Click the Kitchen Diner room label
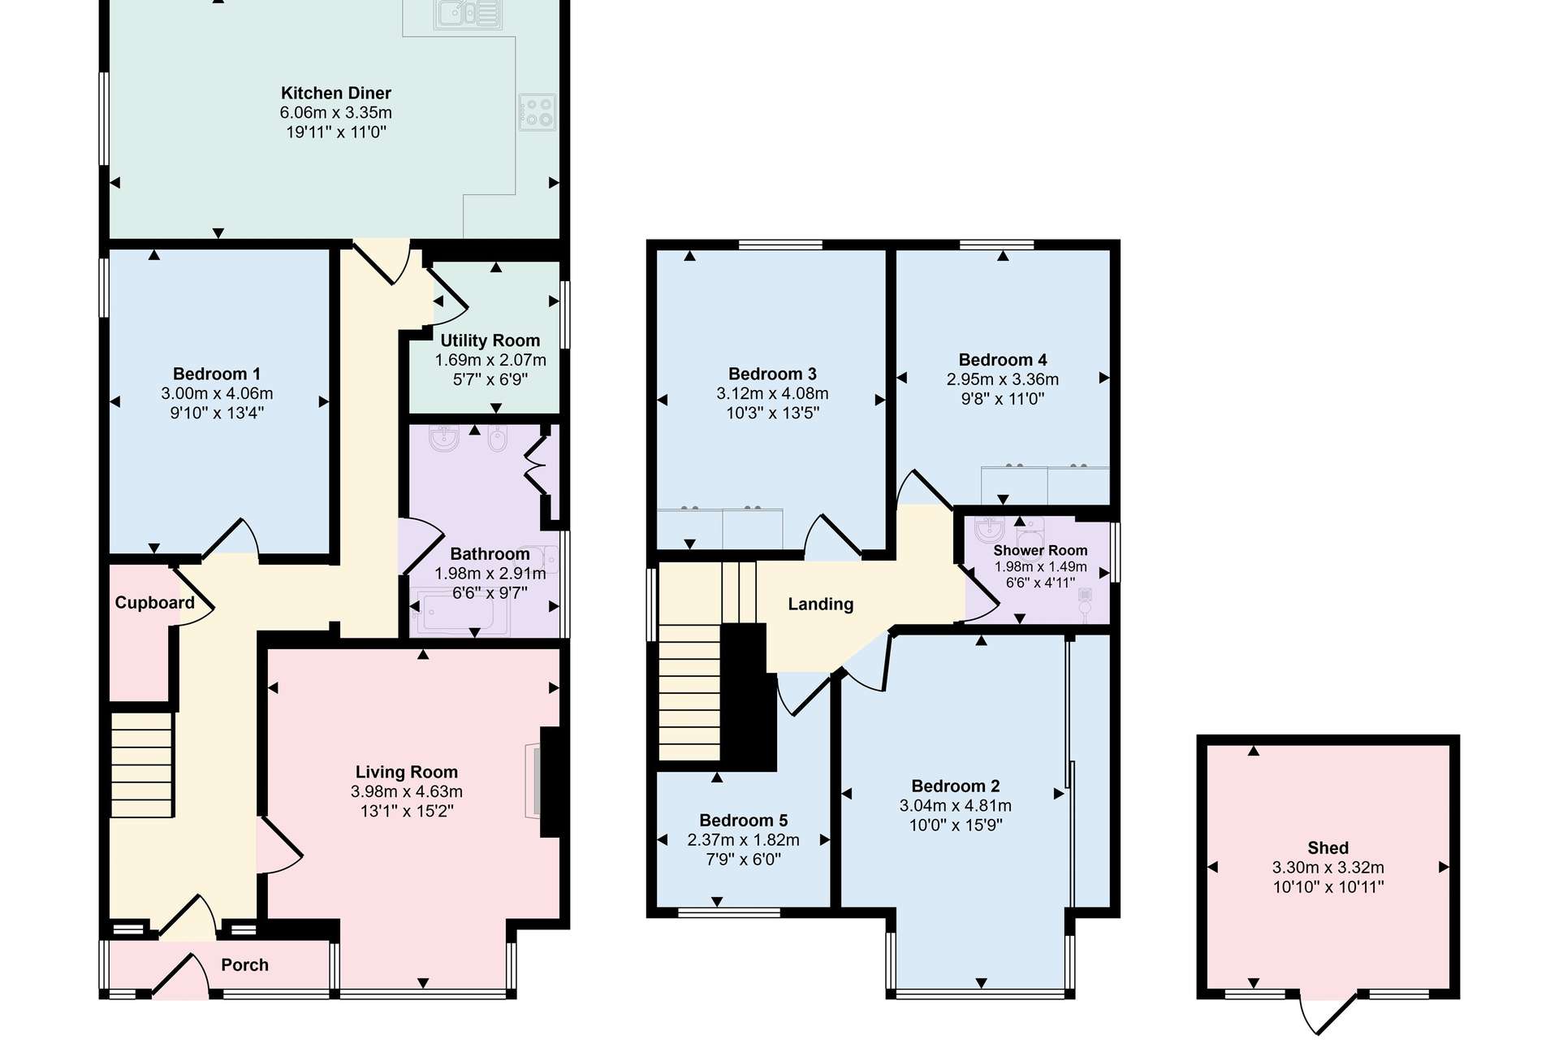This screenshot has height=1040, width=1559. click(336, 93)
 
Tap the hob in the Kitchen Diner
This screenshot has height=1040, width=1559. click(538, 112)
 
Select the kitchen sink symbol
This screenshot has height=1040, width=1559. click(468, 14)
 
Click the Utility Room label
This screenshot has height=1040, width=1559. click(490, 340)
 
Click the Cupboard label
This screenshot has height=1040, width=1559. click(154, 603)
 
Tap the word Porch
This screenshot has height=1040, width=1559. click(244, 964)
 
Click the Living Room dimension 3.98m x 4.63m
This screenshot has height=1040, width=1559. click(407, 791)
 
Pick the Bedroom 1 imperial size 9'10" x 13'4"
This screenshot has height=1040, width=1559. click(217, 413)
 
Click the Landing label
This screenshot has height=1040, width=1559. click(821, 604)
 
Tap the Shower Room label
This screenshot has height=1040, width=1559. click(1040, 550)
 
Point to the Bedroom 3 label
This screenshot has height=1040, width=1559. click(772, 374)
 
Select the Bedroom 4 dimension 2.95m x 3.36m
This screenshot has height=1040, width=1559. click(1003, 379)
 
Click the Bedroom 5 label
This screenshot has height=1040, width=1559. click(744, 821)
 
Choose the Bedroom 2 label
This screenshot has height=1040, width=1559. click(956, 786)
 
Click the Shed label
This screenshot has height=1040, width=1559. click(1328, 848)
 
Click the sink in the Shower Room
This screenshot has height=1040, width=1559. click(990, 530)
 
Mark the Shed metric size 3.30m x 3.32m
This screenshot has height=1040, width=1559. click(1328, 868)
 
